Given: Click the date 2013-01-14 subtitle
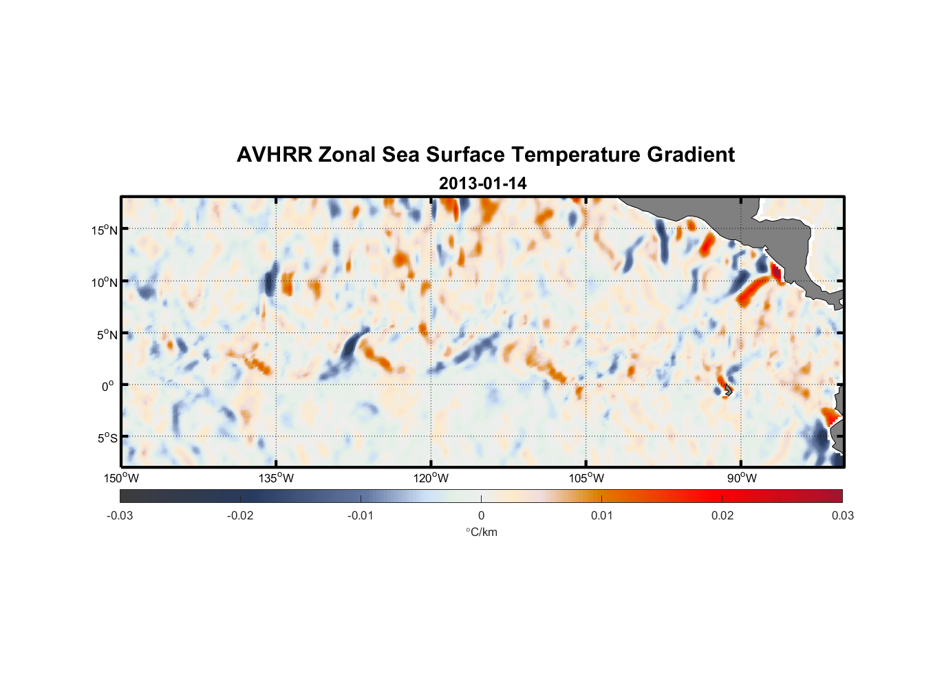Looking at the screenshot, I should coord(482,184).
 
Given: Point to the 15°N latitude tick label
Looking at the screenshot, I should coord(105,230).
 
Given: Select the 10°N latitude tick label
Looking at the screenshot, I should coord(105,282).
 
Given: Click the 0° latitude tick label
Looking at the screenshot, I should coord(108,387).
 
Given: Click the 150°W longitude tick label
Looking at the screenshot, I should coord(122,478).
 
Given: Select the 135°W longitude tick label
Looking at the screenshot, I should coord(277,478).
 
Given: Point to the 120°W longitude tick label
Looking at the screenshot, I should coord(431,478).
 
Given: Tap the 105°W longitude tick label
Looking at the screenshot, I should coord(586,478).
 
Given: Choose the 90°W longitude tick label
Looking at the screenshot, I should coord(742,478).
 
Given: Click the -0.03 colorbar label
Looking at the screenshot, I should coord(120,515).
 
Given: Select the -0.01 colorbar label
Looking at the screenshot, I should coord(361,515).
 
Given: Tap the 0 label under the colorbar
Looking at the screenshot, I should coord(481,515).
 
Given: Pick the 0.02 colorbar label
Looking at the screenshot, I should coord(722,515).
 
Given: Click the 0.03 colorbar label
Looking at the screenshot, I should coord(842,515).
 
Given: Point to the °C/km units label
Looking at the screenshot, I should coord(482,532).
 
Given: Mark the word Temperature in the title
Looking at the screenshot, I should coord(575,155).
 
